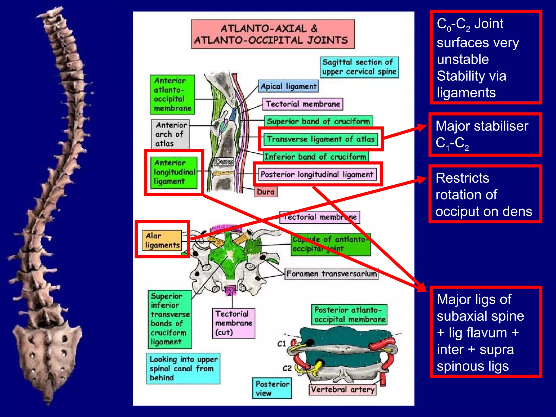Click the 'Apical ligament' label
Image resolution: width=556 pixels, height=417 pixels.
tap(288, 86)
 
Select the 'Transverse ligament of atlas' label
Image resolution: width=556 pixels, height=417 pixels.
tap(321, 139)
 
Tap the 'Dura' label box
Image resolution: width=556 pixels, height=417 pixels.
tap(266, 192)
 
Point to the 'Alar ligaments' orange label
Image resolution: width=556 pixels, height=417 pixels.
tap(162, 240)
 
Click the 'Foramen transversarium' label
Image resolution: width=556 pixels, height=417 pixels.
tap(331, 273)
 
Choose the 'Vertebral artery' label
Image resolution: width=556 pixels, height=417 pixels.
tap(343, 389)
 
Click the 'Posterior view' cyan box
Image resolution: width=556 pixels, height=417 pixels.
tap(272, 388)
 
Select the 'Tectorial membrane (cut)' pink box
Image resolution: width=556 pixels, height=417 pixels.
tap(233, 323)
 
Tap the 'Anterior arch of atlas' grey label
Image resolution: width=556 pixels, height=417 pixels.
tap(170, 134)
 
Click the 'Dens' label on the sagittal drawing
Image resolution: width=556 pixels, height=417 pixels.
tap(224, 162)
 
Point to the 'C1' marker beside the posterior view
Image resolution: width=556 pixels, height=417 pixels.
tap(282, 344)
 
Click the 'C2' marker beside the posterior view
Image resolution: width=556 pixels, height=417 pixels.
tap(287, 368)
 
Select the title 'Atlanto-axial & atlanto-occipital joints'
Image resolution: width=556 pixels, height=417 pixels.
tap(273, 34)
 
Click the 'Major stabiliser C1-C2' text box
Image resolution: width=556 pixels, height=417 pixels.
tap(485, 135)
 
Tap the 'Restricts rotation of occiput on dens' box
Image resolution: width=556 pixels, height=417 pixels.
tap(485, 194)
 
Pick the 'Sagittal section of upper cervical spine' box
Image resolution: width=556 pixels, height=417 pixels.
tap(359, 67)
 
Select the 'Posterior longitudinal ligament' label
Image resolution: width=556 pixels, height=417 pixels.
tap(317, 174)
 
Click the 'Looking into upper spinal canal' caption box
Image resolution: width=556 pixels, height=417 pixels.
tap(183, 368)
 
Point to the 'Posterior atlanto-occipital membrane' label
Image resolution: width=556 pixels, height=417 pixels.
tap(349, 314)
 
